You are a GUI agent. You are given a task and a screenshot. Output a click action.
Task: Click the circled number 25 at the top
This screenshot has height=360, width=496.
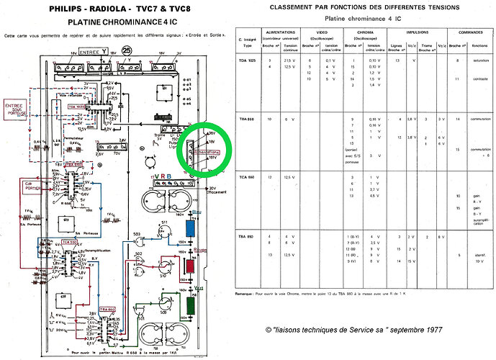[128, 51]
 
